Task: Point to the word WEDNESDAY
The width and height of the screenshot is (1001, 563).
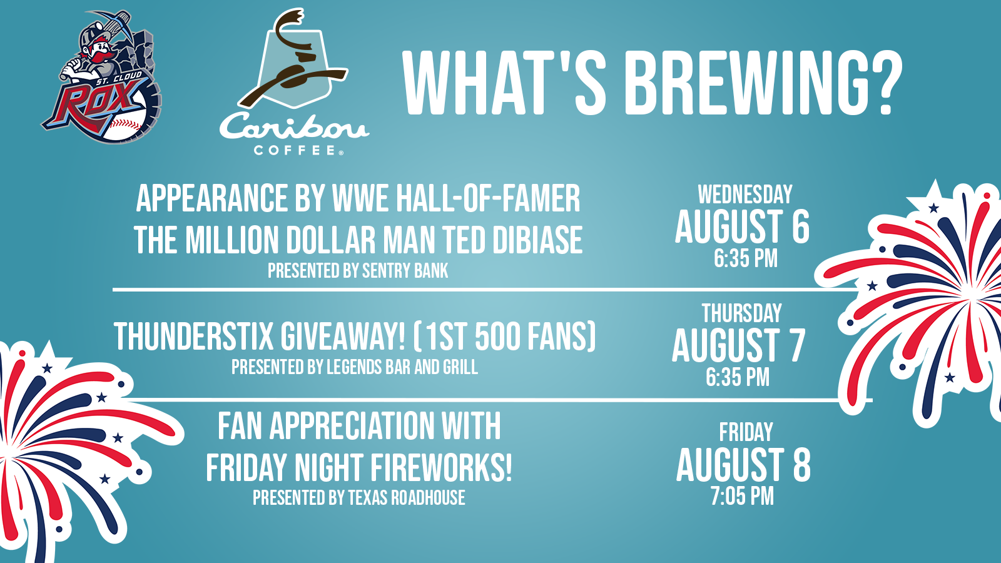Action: (745, 195)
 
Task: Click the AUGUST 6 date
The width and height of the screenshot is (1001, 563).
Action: (742, 226)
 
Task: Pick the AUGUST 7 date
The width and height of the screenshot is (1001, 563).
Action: (738, 345)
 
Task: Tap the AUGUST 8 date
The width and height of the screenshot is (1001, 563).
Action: (743, 465)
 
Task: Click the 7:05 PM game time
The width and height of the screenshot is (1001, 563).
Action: (742, 496)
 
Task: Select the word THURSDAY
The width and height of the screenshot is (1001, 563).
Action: (742, 313)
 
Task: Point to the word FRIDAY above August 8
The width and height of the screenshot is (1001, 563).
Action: (746, 432)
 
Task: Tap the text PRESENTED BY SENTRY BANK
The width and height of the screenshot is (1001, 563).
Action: (358, 271)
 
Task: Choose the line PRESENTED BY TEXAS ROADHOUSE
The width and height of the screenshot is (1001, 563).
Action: (359, 497)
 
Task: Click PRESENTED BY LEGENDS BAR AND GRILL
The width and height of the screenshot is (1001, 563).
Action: (354, 367)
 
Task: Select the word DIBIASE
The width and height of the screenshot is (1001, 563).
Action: (537, 240)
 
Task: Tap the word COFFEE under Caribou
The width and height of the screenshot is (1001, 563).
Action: (295, 150)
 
